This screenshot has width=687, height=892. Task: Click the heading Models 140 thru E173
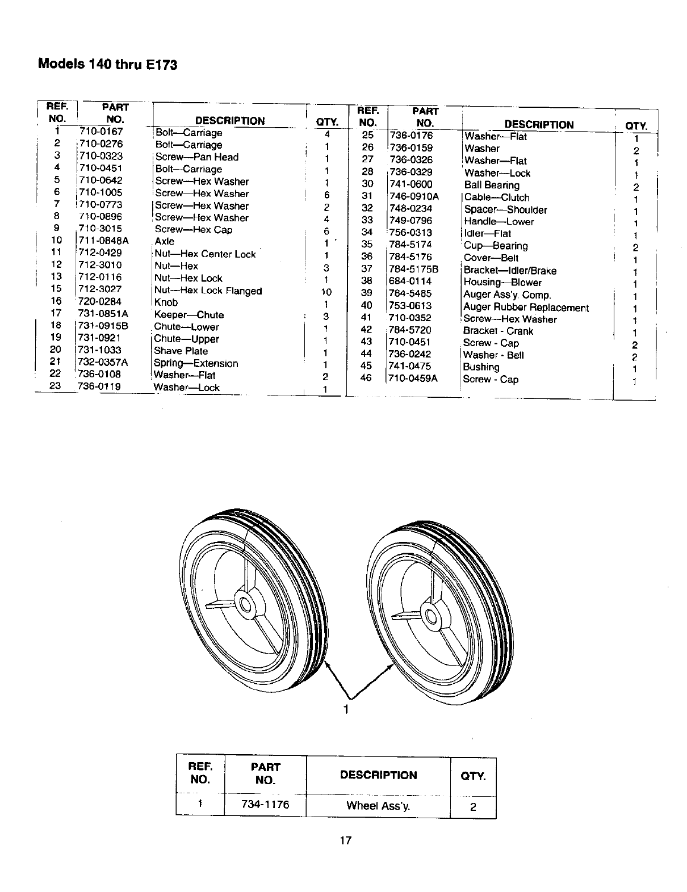pyautogui.click(x=107, y=64)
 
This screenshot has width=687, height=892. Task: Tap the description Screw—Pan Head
pyautogui.click(x=196, y=157)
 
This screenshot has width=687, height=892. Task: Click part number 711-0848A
pyautogui.click(x=103, y=241)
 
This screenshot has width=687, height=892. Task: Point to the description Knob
pyautogui.click(x=166, y=302)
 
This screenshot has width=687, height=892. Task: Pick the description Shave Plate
pyautogui.click(x=181, y=351)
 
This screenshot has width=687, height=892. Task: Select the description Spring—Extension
pyautogui.click(x=196, y=363)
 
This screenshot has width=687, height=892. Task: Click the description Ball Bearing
pyautogui.click(x=492, y=185)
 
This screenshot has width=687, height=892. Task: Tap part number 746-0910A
pyautogui.click(x=414, y=196)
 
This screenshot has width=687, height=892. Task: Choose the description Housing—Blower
pyautogui.click(x=502, y=283)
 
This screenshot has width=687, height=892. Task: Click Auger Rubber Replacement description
pyautogui.click(x=526, y=308)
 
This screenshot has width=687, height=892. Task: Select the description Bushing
pyautogui.click(x=481, y=367)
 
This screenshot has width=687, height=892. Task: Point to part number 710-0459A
pyautogui.click(x=413, y=378)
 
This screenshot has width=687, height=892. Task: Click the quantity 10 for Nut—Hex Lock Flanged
pyautogui.click(x=326, y=292)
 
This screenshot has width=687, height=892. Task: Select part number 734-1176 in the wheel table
pyautogui.click(x=265, y=805)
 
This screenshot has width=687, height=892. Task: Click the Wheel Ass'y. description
pyautogui.click(x=378, y=805)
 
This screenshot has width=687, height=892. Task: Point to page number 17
pyautogui.click(x=346, y=841)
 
